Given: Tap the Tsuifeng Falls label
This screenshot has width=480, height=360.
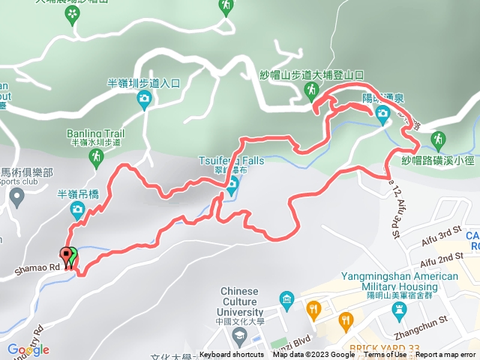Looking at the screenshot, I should [x=232, y=160].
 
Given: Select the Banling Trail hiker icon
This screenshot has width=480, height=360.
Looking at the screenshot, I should [x=95, y=157].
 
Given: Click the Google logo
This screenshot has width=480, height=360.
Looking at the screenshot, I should [x=28, y=349].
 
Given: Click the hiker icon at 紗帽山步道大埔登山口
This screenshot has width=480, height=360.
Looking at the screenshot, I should [x=310, y=91].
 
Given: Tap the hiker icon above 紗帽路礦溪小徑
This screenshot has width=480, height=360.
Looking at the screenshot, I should [x=438, y=139].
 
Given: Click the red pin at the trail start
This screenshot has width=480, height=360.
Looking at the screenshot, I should [x=67, y=256].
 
